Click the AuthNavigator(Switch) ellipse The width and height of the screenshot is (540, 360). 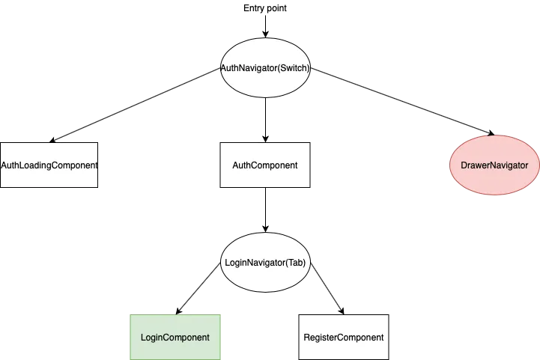tap(266, 54)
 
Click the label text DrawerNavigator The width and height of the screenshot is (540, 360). tap(494, 165)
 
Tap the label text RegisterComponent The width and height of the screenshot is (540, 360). tap(344, 338)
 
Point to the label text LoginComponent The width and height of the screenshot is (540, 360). tap(175, 338)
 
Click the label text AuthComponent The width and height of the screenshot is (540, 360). tap(265, 165)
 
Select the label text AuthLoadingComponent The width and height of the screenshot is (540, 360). tap(49, 165)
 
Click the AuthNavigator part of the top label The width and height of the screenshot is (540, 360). tap(248, 68)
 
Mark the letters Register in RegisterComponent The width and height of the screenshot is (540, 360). tap(321, 338)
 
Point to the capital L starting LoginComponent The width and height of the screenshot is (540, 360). tap(144, 338)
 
